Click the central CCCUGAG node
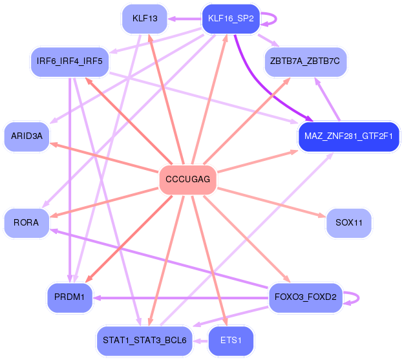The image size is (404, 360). coord(187,179)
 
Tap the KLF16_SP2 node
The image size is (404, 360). coord(230,19)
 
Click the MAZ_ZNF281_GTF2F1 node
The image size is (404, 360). coord(349,136)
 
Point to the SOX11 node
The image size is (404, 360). coord(348,222)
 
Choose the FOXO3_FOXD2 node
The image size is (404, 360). coord(305,298)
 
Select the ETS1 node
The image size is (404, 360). coord(230,339)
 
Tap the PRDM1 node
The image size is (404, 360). coord(69,297)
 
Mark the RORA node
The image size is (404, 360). coord(26,222)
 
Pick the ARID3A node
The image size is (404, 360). coord(27,136)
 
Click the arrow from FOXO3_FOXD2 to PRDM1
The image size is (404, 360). coord(181,298)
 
